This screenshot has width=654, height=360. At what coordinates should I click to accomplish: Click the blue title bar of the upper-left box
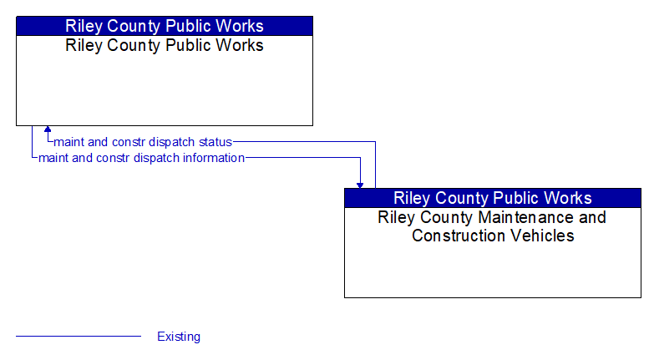tap(165, 26)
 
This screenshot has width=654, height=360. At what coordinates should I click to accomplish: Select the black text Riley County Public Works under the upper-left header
tap(165, 45)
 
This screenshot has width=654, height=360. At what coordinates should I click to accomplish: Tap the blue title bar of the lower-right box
tap(493, 198)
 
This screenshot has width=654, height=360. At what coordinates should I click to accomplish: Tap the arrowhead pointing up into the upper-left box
tap(48, 130)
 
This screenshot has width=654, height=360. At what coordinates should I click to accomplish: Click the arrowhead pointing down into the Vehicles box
tap(360, 184)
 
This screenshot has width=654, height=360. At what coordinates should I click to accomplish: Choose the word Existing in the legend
tap(179, 337)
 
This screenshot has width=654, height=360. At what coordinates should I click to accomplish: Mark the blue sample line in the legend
tap(79, 337)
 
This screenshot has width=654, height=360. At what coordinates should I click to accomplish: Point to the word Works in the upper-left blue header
tap(239, 26)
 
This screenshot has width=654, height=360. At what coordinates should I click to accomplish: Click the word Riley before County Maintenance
tap(395, 217)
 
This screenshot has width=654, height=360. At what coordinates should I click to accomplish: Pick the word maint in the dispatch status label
tap(69, 142)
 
